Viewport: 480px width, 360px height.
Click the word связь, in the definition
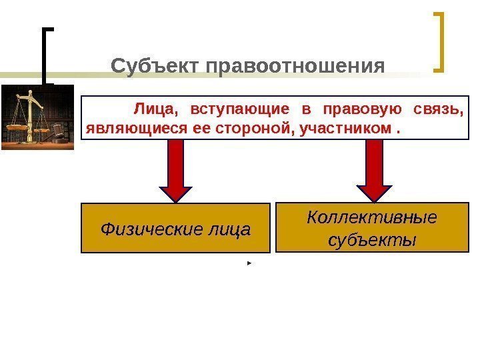coord(439,108)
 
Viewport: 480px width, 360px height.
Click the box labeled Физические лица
coord(176,229)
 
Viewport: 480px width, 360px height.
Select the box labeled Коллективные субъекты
coord(372,227)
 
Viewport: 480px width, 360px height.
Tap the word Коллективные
coord(372,217)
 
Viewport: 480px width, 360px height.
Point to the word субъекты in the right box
coord(372,239)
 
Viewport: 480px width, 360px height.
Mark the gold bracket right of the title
coord(439,41)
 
